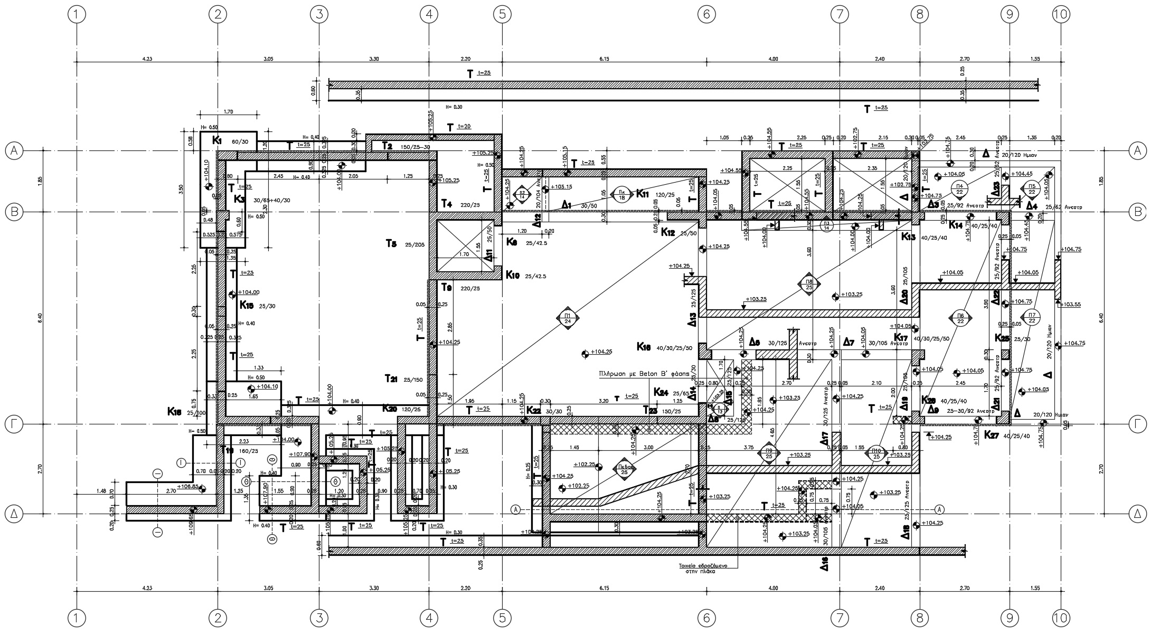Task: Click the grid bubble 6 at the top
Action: click(x=706, y=15)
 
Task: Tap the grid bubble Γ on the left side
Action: click(x=14, y=423)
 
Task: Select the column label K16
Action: click(x=644, y=347)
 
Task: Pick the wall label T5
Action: click(x=391, y=243)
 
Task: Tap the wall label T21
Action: click(x=391, y=378)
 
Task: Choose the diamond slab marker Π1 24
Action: click(x=568, y=318)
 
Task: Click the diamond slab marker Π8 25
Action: click(x=809, y=285)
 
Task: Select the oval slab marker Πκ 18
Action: click(x=621, y=194)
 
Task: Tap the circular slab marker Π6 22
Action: click(x=960, y=318)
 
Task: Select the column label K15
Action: click(x=247, y=305)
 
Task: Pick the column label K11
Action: click(x=643, y=193)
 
